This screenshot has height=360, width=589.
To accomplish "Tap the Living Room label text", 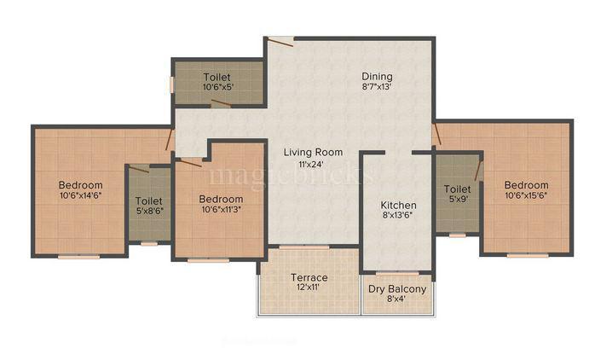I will tap(313, 153).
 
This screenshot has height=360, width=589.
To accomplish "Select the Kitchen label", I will tap(398, 205).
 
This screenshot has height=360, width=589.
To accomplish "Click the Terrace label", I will tap(309, 277).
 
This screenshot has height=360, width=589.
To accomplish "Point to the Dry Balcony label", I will tap(397, 288).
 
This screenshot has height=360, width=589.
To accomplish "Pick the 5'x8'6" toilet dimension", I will tap(150, 212).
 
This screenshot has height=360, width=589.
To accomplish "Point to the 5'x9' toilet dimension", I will tap(458, 200).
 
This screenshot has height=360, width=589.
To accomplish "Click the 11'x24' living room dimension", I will tap(313, 164).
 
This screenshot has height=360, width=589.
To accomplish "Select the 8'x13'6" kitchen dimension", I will tap(398, 216).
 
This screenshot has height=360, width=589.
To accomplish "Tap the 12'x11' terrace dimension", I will tap(309, 288).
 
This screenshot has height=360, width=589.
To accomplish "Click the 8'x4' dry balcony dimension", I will tap(397, 299).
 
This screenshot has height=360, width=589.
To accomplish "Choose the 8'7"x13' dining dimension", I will tap(375, 86).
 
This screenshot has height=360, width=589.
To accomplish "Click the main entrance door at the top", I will tap(280, 38).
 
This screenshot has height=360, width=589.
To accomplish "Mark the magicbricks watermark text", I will tap(290, 175).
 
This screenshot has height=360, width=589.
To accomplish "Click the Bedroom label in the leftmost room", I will tap(81, 185).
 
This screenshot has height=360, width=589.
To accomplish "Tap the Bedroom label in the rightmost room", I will tap(526, 185).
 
